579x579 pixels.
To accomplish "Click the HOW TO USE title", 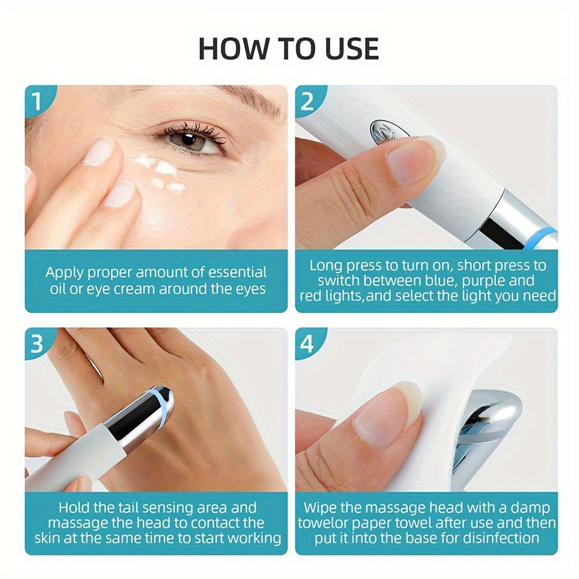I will (289, 49).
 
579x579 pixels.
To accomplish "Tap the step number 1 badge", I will (37, 101).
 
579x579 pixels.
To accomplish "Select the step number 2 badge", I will (308, 101).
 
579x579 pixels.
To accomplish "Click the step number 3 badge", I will (37, 344).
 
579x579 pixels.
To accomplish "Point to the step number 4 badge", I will (308, 344).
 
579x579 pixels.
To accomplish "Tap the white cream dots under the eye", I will (162, 174).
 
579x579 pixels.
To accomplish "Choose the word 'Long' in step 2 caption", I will (326, 265).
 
